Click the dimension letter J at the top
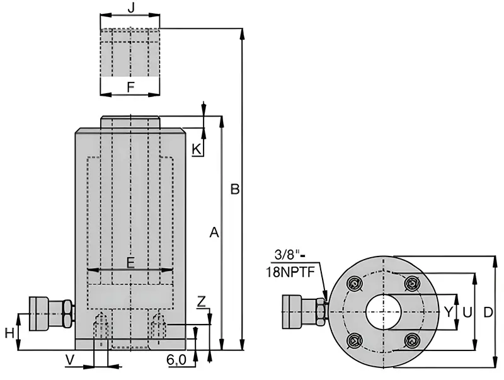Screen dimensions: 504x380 point(131,8)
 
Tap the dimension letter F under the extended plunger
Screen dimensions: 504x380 point(130,87)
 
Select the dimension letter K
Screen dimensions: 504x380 point(197,149)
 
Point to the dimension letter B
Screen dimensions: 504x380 point(235,189)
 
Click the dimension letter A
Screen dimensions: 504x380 point(214,232)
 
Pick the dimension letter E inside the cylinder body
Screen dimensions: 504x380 point(130,263)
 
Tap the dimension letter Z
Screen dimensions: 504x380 point(201,302)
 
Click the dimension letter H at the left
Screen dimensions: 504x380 point(9,333)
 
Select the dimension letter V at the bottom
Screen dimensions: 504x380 point(70,360)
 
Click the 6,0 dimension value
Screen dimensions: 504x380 point(176,360)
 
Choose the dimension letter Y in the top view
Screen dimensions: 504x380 point(449,311)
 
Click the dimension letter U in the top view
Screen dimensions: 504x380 point(467,311)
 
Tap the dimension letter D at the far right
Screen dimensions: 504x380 point(488,312)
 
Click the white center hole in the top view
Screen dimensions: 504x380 point(384,312)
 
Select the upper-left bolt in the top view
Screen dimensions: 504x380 point(355,284)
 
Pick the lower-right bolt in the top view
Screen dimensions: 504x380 point(412,340)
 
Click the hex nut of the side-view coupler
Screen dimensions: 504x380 point(68,313)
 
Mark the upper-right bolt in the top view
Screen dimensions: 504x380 point(412,284)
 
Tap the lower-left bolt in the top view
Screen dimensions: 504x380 point(355,340)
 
